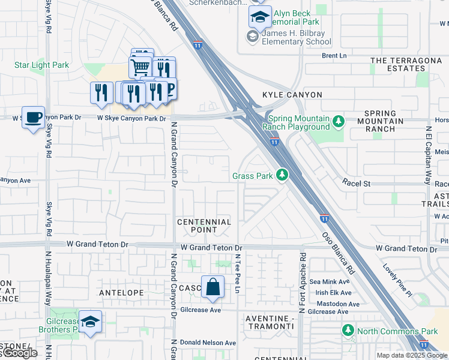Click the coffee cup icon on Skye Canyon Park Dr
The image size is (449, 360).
coord(34,116)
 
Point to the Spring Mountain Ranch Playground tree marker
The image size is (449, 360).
coord(339,122)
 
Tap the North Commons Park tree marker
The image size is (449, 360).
coord(348,331)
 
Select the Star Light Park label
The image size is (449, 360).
coord(40,64)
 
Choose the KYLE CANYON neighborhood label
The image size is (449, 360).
coord(292,95)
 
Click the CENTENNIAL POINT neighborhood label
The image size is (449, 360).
coord(204,226)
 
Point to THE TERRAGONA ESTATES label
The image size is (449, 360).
coord(406,64)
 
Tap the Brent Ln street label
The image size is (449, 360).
coord(334,56)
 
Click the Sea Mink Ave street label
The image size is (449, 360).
coord(329,281)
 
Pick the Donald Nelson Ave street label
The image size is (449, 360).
coord(208,343)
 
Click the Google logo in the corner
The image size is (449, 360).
coord(19,353)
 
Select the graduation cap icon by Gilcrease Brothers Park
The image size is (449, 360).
coord(90,322)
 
